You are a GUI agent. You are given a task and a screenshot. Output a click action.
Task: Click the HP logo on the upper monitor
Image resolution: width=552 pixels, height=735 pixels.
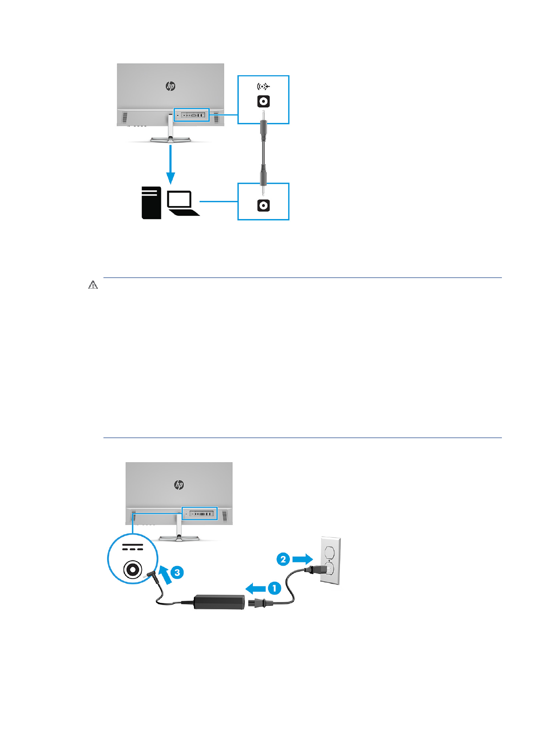171,86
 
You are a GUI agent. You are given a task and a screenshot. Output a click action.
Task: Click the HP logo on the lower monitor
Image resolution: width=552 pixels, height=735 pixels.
179,485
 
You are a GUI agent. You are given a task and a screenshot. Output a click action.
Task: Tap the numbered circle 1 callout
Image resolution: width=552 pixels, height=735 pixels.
274,588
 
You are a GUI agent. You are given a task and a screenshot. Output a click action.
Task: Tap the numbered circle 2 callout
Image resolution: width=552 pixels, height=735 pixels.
283,559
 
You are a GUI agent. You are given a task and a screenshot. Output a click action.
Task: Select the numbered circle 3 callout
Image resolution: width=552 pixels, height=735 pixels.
177,573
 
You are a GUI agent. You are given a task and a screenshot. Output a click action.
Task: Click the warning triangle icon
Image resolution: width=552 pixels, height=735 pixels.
93,285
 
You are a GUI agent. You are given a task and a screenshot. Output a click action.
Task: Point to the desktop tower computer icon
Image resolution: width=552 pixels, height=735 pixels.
151,203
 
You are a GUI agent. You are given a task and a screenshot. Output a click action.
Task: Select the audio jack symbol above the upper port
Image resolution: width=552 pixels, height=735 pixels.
263,86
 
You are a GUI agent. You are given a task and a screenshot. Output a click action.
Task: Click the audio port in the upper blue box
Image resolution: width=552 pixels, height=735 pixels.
263,102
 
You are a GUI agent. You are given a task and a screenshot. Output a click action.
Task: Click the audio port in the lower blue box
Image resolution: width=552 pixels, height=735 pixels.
263,206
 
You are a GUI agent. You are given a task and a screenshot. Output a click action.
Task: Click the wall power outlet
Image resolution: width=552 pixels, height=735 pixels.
330,561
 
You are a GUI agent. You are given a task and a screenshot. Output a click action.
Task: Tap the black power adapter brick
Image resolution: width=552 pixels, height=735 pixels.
219,601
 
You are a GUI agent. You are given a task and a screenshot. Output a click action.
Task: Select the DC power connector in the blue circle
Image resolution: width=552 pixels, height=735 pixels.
133,569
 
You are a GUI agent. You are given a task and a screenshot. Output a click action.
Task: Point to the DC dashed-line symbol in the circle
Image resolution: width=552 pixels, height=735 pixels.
133,548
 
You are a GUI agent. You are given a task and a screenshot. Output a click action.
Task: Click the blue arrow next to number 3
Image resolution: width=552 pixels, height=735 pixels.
164,575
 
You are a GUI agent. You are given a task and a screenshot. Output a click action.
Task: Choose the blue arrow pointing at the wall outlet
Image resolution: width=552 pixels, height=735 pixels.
302,559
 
